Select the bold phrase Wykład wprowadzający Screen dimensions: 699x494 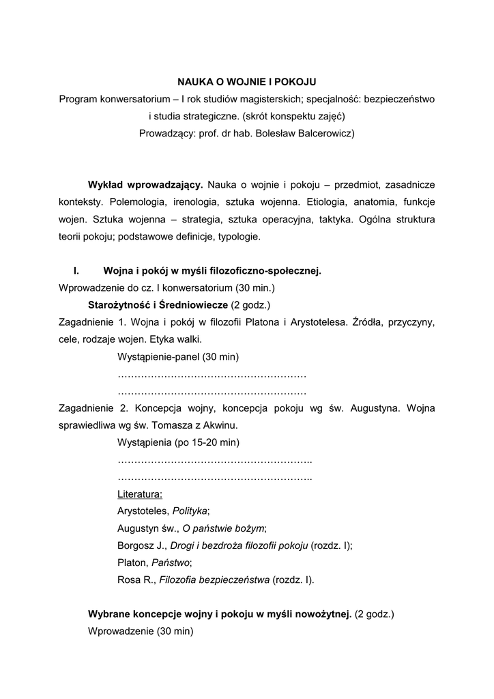(x=145, y=185)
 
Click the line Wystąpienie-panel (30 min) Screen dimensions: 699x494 (x=178, y=357)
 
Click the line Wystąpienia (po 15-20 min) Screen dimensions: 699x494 (x=178, y=443)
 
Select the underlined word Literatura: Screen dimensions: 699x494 (x=140, y=494)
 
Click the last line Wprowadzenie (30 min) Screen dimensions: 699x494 (x=141, y=632)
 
